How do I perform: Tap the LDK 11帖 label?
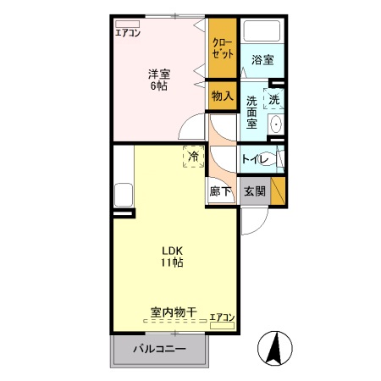point(173,256)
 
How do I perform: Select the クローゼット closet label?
point(222,47)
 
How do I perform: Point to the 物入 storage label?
point(222,97)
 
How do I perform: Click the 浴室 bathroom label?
point(262,60)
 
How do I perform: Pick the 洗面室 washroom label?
point(251,113)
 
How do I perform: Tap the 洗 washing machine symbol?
point(273,98)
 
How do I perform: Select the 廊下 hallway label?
point(219,192)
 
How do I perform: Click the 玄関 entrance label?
point(254,191)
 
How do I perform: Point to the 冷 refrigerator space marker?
point(193,156)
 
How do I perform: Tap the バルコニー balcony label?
point(158,349)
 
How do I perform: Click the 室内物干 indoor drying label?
point(173,312)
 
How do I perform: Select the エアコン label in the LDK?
point(223,317)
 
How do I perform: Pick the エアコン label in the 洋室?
point(129,33)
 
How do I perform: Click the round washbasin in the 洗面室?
point(275,124)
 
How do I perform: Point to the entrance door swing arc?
point(252,222)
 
